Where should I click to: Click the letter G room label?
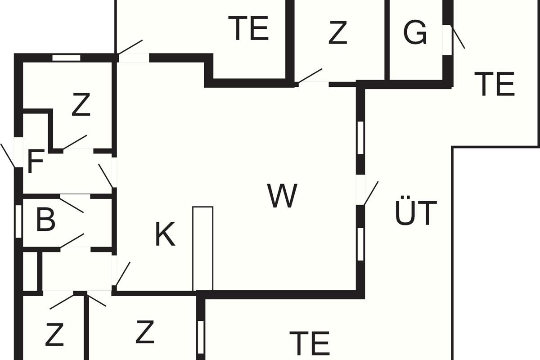(415, 32)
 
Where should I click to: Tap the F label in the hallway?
(36, 161)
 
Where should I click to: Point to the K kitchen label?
(165, 234)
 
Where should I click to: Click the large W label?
(282, 196)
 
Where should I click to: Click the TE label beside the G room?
(494, 84)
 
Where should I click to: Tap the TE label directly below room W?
(310, 343)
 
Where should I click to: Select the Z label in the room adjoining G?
(338, 32)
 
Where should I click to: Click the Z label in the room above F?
(81, 104)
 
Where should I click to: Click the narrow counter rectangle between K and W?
(203, 248)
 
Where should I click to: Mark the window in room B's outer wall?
(18, 221)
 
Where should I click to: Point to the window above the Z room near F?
(66, 58)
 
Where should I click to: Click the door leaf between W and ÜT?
(371, 193)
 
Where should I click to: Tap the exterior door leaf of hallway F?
(8, 156)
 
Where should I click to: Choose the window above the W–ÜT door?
(360, 138)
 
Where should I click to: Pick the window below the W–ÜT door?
(360, 244)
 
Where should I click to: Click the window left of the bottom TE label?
(201, 337)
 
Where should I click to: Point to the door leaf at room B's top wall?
(72, 206)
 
